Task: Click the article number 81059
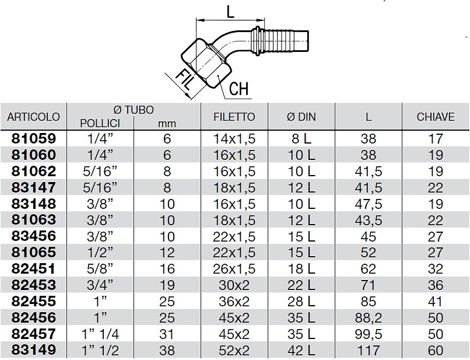click(x=34, y=139)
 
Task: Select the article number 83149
click(x=34, y=350)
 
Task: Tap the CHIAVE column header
click(x=435, y=117)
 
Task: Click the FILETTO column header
click(x=234, y=117)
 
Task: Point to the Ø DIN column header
click(x=301, y=117)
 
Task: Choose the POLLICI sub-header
click(x=100, y=123)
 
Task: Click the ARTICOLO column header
click(x=33, y=117)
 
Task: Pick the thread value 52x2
click(x=234, y=350)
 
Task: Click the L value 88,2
click(x=369, y=318)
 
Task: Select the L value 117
click(x=369, y=350)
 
